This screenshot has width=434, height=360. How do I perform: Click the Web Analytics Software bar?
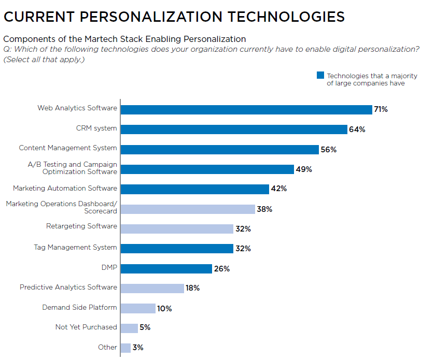(246, 110)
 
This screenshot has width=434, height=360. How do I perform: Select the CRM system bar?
(234, 129)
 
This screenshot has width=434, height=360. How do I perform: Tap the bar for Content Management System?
(219, 150)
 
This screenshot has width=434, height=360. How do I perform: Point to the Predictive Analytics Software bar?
(152, 289)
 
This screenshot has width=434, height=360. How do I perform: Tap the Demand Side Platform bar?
(138, 309)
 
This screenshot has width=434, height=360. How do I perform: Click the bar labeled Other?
(125, 348)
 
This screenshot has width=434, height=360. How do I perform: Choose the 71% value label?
(381, 110)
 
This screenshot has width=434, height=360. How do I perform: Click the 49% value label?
(304, 169)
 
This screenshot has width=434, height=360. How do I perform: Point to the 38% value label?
(264, 209)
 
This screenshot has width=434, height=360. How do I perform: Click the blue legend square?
(320, 76)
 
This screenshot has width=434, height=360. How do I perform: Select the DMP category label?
(109, 267)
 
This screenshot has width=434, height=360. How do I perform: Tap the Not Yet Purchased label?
(86, 327)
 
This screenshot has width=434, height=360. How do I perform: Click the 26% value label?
(222, 269)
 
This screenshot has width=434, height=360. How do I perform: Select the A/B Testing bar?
(207, 169)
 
